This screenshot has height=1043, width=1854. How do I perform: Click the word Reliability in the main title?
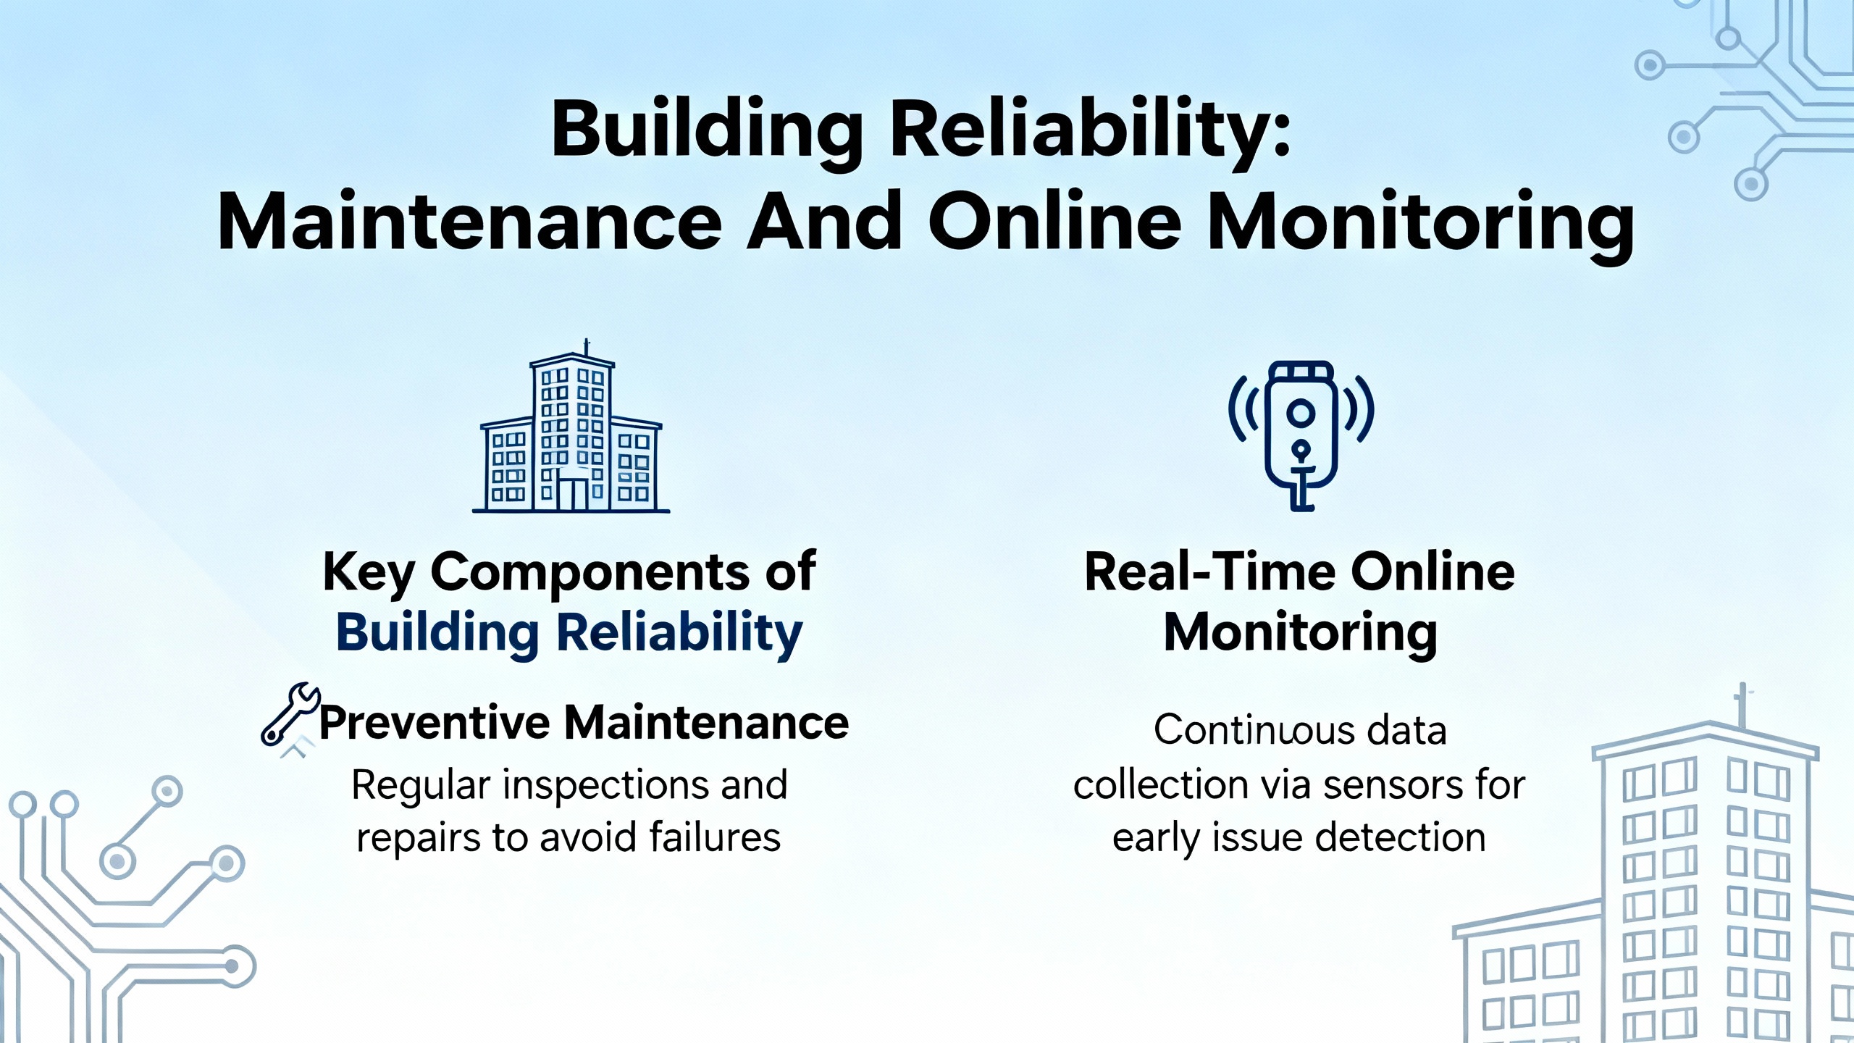click(1089, 134)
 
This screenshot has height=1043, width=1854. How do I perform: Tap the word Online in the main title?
click(1054, 220)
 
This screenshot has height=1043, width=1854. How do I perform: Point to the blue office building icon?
click(571, 427)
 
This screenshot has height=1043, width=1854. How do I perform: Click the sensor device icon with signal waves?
click(1301, 435)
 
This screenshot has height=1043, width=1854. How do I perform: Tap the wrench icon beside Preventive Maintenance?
click(290, 714)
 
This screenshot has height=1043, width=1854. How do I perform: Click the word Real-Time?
click(1210, 572)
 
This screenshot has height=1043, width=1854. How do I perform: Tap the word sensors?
click(1393, 785)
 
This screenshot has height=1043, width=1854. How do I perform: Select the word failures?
click(714, 839)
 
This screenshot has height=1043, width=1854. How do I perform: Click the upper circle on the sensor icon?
click(1301, 413)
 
